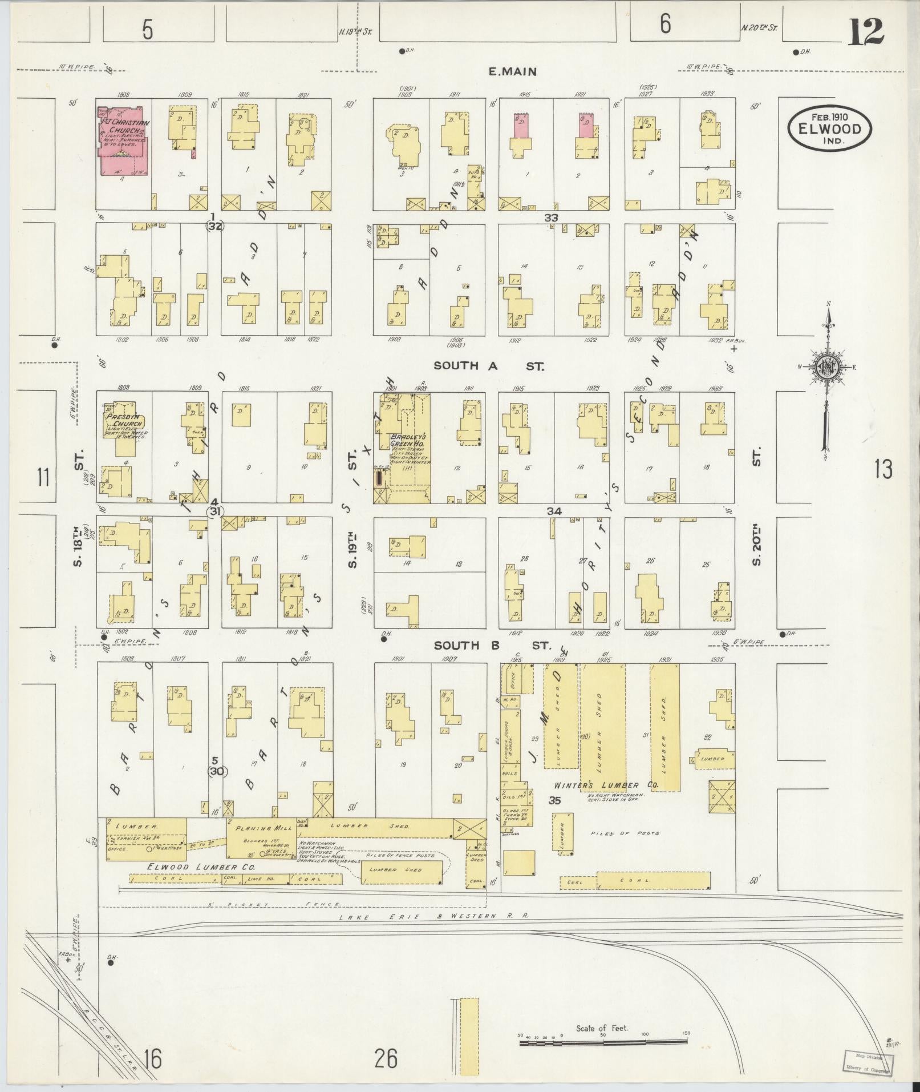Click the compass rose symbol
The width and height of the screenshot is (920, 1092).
coord(826,368)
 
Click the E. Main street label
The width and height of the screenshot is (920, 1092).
coord(512,72)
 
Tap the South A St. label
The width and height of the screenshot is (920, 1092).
coord(489,366)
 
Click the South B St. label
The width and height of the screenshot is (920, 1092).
coord(492,646)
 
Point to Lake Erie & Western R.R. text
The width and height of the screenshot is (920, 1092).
coord(433,916)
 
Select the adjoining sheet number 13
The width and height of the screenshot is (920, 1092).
coord(883,469)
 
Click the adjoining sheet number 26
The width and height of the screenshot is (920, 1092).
coord(386,1059)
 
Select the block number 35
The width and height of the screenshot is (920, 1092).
coord(554,801)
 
